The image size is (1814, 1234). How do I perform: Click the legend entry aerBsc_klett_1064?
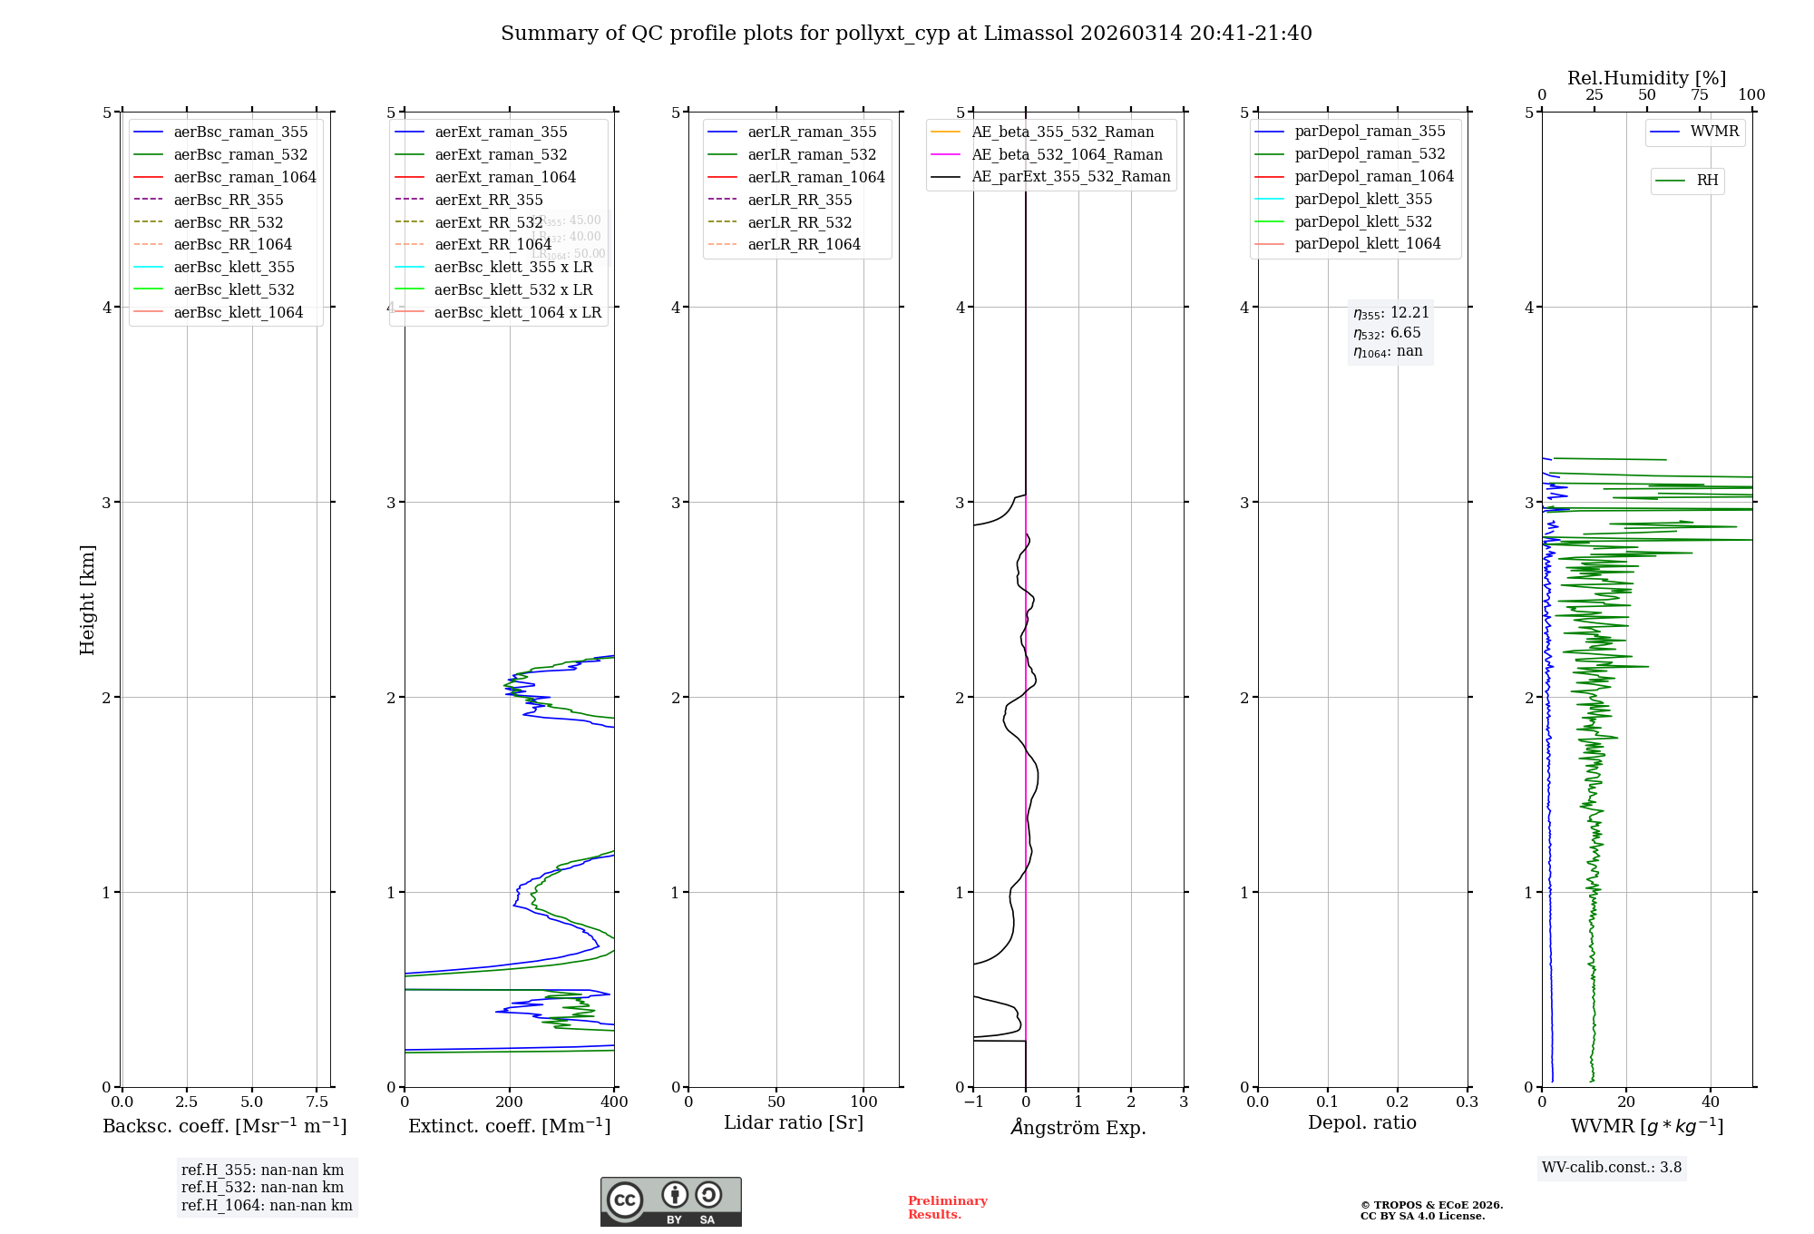(238, 312)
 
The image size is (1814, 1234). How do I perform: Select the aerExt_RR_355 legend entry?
(488, 200)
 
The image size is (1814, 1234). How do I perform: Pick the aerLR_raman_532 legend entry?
(812, 154)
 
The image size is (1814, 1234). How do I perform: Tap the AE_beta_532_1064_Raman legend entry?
(1067, 154)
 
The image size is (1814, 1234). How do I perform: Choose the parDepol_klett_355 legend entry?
(1363, 199)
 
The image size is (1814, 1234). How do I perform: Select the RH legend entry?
(1707, 181)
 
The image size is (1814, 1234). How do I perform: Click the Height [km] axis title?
(87, 599)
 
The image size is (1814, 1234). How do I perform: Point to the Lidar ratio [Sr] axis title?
(794, 1122)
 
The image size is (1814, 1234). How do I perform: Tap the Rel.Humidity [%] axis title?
(1646, 78)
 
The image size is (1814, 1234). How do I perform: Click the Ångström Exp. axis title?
(1078, 1127)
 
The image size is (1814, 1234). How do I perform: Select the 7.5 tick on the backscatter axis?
(317, 1102)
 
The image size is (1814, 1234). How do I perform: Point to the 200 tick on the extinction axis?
(510, 1102)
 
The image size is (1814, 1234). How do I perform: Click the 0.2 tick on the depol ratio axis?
(1398, 1102)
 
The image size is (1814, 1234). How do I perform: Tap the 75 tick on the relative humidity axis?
(1699, 95)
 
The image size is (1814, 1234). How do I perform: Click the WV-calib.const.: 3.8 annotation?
(1612, 1167)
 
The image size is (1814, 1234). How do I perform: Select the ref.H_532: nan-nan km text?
(262, 1187)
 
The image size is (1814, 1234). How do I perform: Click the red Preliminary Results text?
(947, 1207)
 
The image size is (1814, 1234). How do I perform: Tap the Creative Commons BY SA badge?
(670, 1201)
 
